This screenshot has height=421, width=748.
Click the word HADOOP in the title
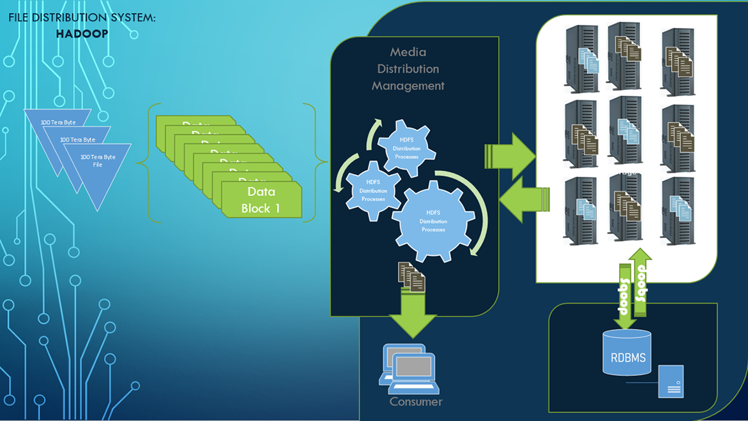[82, 33]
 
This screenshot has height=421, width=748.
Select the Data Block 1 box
[261, 199]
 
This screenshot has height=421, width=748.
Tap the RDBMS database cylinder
[627, 353]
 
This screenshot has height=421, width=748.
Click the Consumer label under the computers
[416, 401]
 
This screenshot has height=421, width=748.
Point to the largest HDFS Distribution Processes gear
[433, 220]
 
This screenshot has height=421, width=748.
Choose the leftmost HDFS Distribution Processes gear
[373, 190]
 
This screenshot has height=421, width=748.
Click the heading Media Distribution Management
[408, 69]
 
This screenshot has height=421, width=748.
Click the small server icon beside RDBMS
[671, 381]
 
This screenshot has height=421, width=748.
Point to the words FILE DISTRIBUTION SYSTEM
[82, 18]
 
